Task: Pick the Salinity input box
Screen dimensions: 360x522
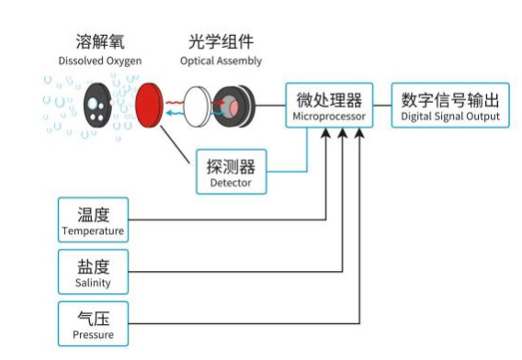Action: tap(93, 271)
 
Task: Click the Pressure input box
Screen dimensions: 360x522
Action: tap(93, 323)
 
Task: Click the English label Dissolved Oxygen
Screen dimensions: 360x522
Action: tap(99, 61)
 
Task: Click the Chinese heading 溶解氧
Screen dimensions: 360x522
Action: tap(99, 43)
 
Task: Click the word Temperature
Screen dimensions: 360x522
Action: tap(93, 230)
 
